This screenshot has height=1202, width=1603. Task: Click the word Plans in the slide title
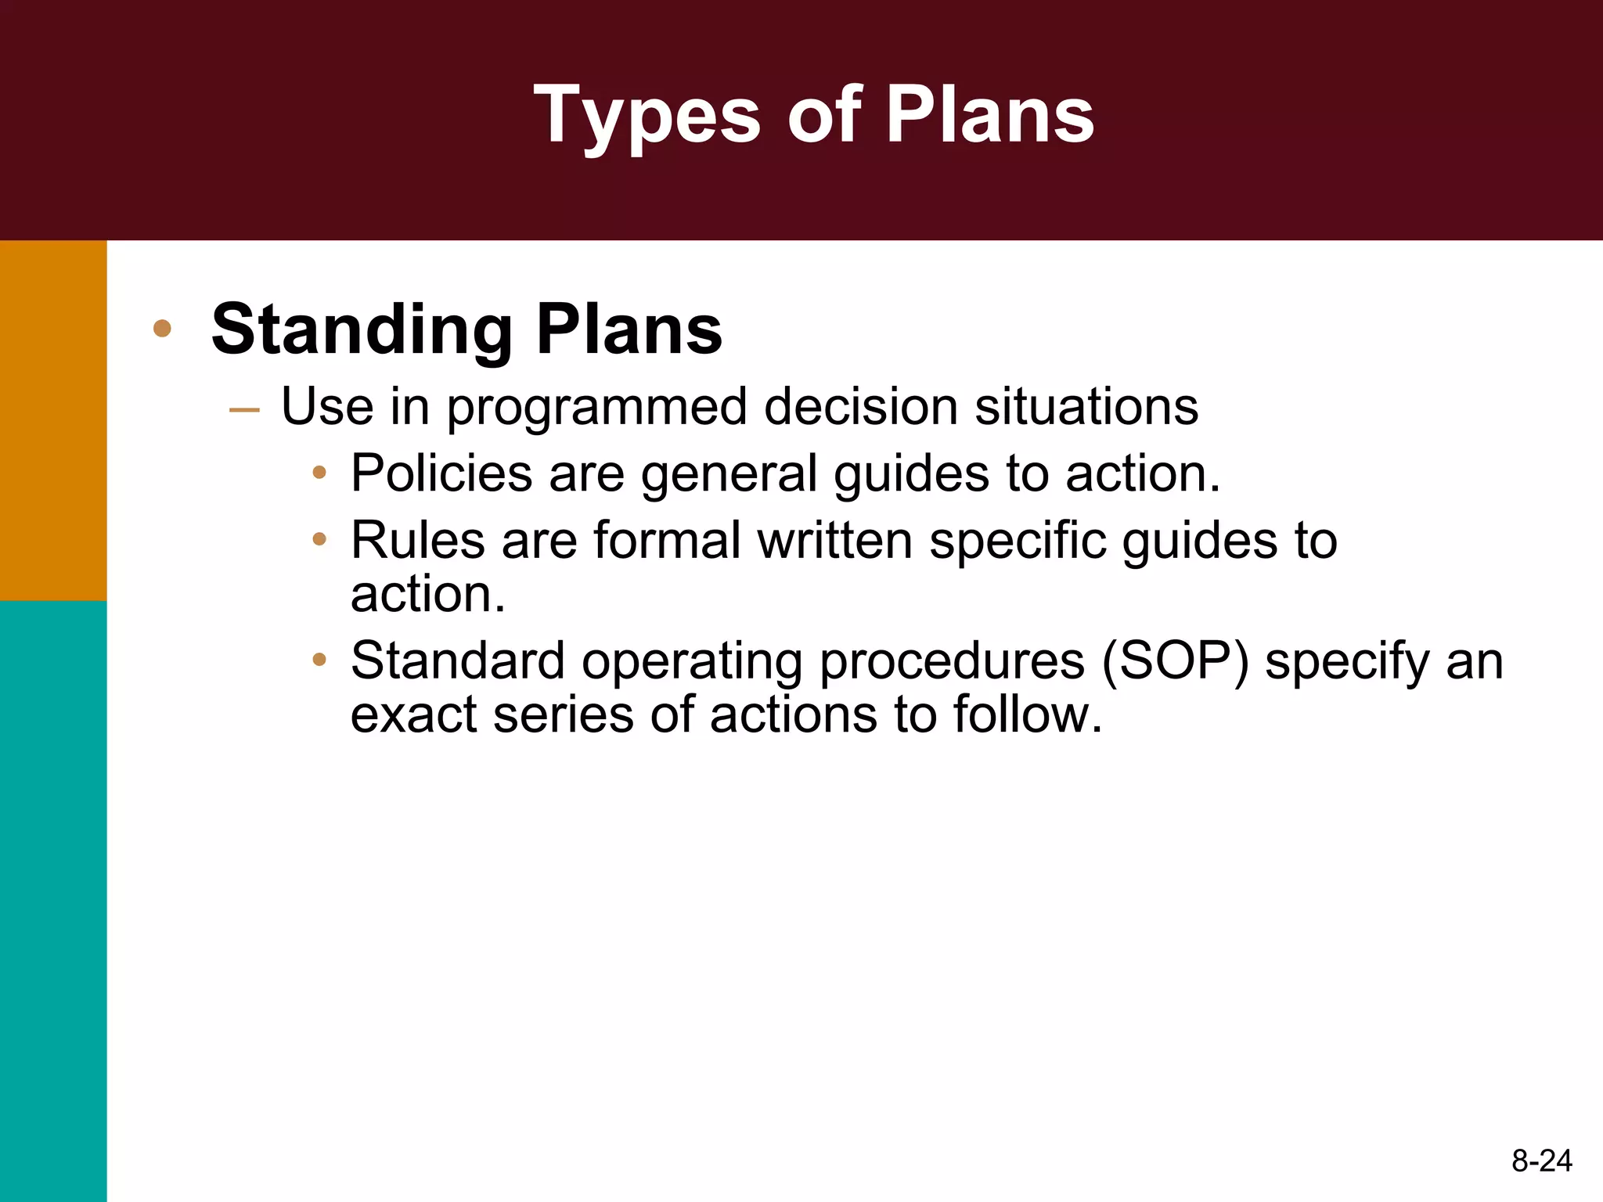pos(989,116)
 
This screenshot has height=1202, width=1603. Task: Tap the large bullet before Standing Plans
pos(162,328)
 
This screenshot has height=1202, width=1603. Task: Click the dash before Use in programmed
pos(244,409)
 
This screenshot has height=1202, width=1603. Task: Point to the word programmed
pos(596,408)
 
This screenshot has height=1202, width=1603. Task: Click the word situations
pos(1086,407)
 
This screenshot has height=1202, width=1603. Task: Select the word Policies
pos(441,473)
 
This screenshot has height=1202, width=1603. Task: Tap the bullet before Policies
pos(319,472)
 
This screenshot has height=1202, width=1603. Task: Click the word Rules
pos(417,540)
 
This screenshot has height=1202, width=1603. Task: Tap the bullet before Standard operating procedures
pos(319,659)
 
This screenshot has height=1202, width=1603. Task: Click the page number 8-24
pos(1541,1161)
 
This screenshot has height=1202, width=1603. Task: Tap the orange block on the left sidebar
pos(53,420)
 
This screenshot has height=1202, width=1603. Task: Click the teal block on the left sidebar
pos(53,900)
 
